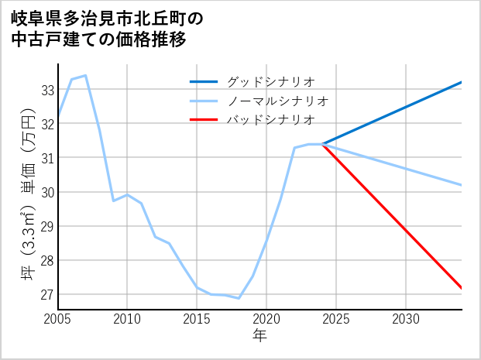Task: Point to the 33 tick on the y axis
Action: [47, 90]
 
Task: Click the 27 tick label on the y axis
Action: [47, 295]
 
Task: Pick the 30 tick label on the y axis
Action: [47, 192]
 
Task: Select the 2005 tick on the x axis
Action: [58, 319]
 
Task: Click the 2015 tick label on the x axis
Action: [197, 319]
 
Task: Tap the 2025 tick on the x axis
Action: [336, 319]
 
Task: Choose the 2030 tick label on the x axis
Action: [406, 319]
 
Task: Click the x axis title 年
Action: [259, 336]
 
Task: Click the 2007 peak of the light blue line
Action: [85, 76]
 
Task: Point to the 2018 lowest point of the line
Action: [239, 298]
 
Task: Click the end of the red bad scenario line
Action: [462, 288]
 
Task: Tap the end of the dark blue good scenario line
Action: [462, 82]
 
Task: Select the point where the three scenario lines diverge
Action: [322, 144]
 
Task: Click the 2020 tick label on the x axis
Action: [266, 319]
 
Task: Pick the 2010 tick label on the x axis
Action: [127, 319]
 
